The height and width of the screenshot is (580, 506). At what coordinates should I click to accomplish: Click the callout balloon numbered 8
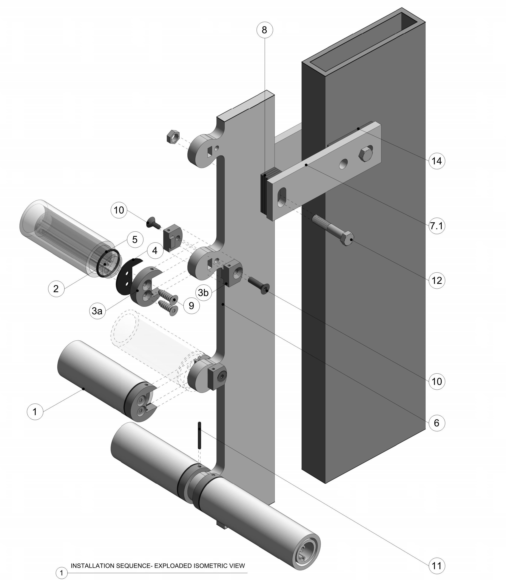coord(265,30)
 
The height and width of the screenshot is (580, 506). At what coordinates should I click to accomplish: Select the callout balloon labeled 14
coord(437,161)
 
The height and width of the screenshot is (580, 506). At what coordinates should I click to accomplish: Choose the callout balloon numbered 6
coord(437,423)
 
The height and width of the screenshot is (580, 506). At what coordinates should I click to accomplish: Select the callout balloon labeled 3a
coord(97,311)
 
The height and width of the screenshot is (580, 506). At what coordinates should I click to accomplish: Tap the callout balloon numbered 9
coord(191,305)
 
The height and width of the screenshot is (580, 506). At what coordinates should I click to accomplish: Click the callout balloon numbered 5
coord(135,239)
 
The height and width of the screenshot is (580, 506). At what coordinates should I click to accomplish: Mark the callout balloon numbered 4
coord(155,250)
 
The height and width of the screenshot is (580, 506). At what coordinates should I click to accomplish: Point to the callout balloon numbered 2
coord(56,289)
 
